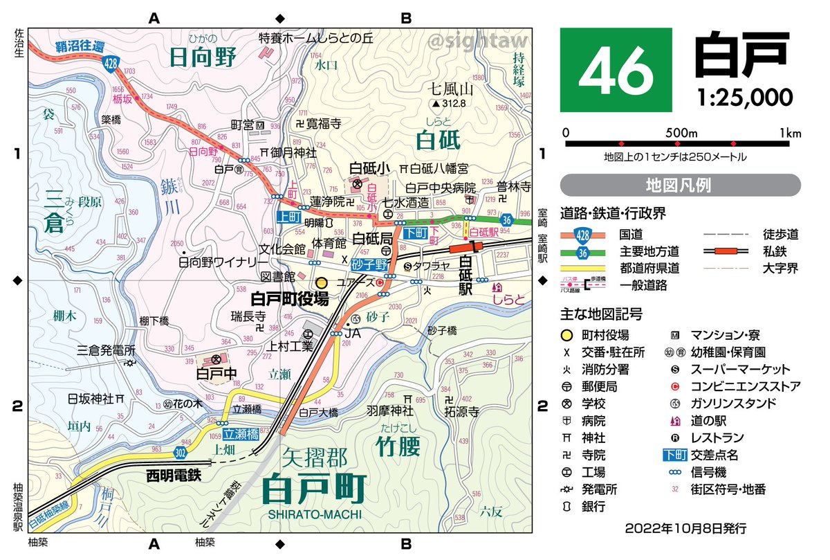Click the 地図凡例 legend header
coord(680,186)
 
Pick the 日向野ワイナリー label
coord(223,262)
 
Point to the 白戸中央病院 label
coord(441,188)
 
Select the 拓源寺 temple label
coord(463,411)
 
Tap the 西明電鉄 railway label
coord(174,476)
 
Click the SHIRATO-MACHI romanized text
coord(315,514)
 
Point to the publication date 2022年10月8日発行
coord(685,528)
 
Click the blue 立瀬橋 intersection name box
coord(241,434)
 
